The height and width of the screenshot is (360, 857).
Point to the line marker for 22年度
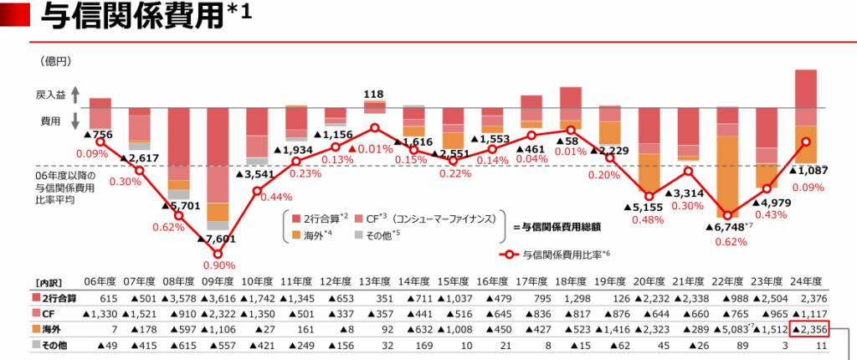click(x=726, y=215)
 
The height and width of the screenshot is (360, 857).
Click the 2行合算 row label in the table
click(x=54, y=297)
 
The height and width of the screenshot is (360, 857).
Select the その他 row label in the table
click(x=54, y=343)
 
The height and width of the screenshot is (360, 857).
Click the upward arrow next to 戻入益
click(x=74, y=95)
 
